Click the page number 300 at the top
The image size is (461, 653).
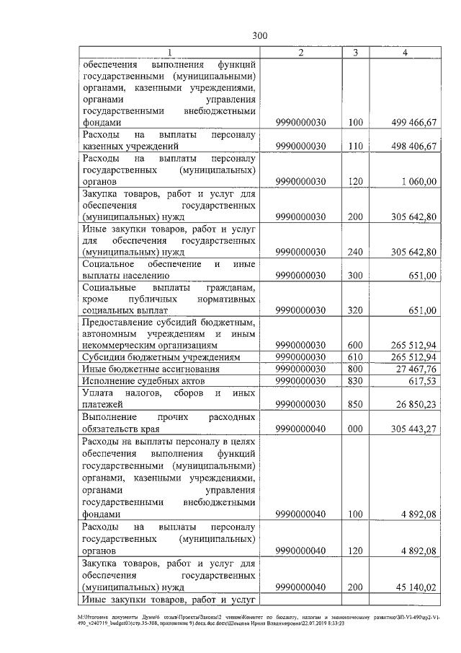[x=260, y=35]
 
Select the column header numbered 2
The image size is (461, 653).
[x=300, y=53]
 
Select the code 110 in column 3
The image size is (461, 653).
[x=354, y=146]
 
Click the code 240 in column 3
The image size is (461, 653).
[x=354, y=252]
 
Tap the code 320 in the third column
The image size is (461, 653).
[x=354, y=310]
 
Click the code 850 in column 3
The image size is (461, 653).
[x=354, y=404]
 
